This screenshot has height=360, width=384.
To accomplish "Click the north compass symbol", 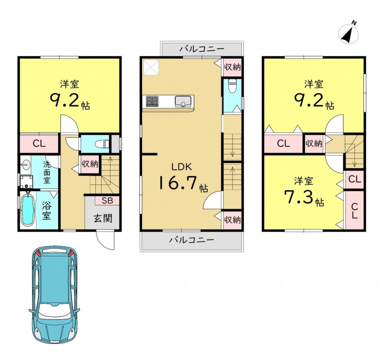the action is click(348, 34).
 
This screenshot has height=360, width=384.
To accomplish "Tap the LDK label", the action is click(181, 167).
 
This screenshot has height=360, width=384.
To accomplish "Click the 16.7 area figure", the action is click(178, 183).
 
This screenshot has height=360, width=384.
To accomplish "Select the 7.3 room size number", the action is click(299, 197).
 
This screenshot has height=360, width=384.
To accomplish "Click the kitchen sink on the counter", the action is click(183, 101).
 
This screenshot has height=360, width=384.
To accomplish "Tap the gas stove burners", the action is click(152, 101).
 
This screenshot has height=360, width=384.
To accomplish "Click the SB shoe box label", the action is click(107, 201).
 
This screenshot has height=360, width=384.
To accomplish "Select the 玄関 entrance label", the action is click(103, 218).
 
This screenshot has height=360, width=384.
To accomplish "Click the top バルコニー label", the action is click(202, 49).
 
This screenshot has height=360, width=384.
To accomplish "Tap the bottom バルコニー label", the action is click(192, 240).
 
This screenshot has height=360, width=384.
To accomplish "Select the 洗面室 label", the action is click(47, 172).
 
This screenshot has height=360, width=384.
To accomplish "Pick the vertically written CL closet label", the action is click(354, 211).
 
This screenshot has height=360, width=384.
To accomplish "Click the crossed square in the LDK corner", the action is click(151, 67).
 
